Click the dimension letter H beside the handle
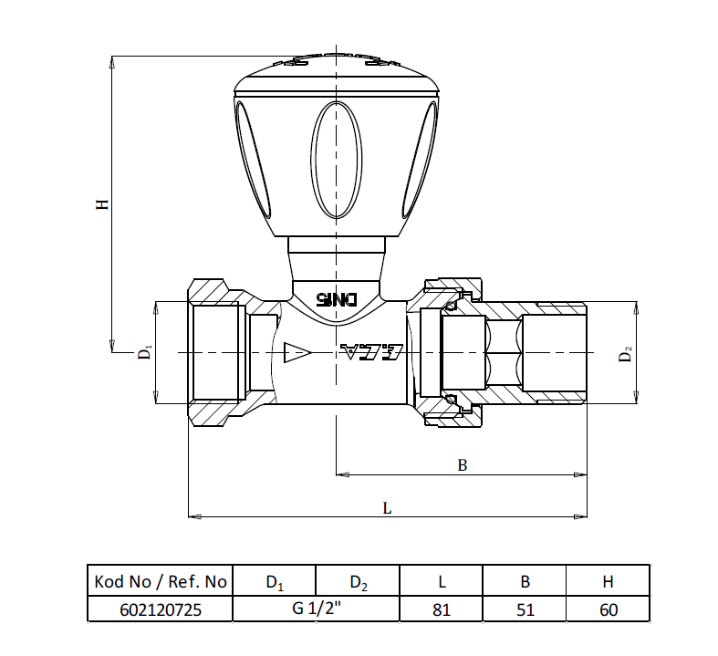point(103,204)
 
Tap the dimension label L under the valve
point(387,509)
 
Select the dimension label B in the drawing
point(463,465)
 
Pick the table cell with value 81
point(442,609)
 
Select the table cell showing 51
point(525,609)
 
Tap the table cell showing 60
point(609,609)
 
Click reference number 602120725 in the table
point(160,609)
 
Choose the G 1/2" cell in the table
point(316,609)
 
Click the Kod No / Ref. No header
point(160,581)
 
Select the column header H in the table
point(609,581)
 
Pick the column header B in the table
point(525,581)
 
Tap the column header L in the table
point(442,581)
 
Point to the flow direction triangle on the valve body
point(297,352)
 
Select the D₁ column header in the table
point(275,581)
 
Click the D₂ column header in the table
point(358,581)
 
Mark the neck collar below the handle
point(337,248)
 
